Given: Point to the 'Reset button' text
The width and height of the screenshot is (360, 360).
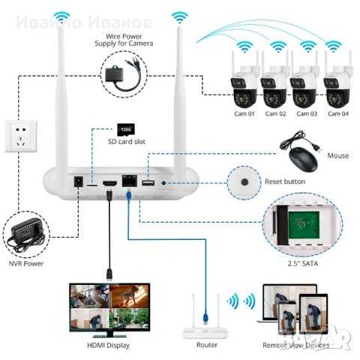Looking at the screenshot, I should click(x=284, y=182).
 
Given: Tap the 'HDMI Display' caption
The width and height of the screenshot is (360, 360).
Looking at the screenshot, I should click(x=108, y=345).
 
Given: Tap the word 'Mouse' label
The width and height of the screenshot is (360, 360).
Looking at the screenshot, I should click(x=339, y=155).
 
